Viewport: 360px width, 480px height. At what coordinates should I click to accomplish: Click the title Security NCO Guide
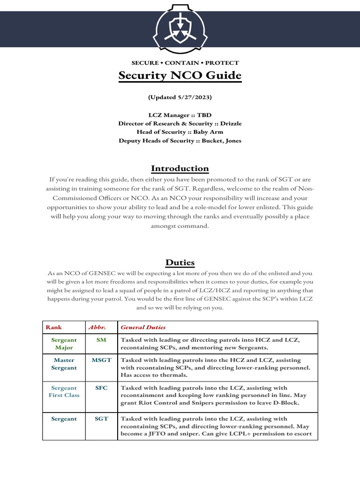click(180, 75)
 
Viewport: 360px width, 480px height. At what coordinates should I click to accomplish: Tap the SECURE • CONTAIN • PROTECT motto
click(185, 63)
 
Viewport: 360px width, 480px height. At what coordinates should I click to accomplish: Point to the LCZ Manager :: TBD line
click(180, 115)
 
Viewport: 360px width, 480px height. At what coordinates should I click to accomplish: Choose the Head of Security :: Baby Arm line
click(180, 132)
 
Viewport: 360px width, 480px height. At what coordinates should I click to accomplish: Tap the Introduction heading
click(180, 168)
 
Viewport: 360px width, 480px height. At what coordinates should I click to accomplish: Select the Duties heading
click(180, 262)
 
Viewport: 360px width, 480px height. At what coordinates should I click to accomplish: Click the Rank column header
click(53, 327)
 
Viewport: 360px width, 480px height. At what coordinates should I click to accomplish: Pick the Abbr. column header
click(95, 327)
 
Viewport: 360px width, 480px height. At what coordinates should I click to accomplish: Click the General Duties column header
click(143, 327)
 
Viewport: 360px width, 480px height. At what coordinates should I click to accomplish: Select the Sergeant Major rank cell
click(64, 344)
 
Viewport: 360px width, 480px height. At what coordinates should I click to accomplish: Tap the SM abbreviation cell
click(101, 339)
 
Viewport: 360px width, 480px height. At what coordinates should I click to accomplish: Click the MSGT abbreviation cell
click(101, 360)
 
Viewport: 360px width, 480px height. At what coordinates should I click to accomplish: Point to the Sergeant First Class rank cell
click(64, 391)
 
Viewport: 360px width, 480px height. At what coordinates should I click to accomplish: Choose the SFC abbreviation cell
click(101, 388)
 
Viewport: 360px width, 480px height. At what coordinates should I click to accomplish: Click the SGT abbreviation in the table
click(101, 419)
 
